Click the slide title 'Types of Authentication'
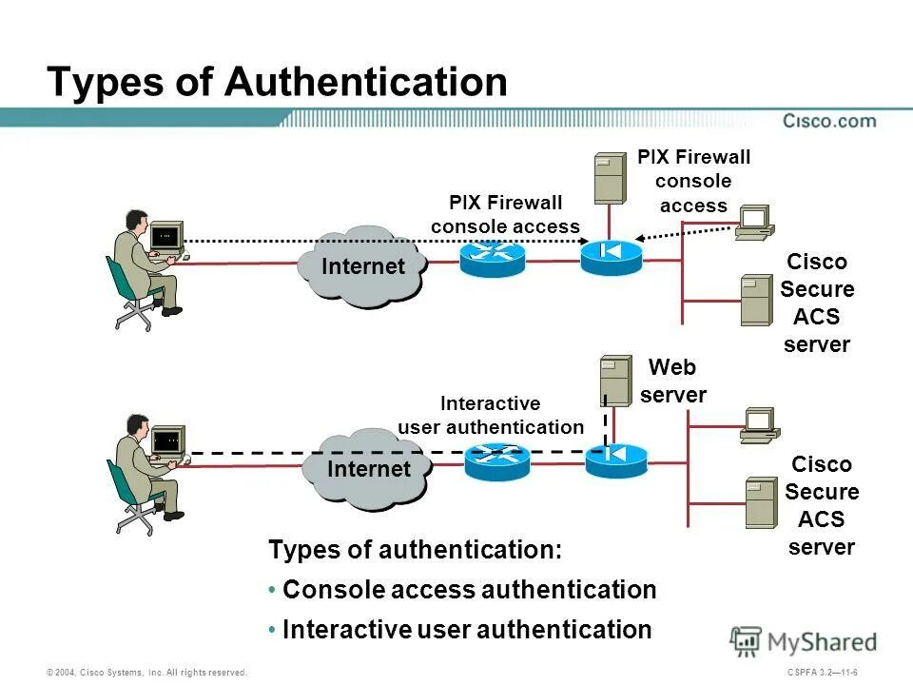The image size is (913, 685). tap(277, 82)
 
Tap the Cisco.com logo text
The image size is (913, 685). tap(829, 121)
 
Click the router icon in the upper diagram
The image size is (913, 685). tap(492, 258)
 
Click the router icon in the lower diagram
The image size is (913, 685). tap(496, 461)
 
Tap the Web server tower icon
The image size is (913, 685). tap(615, 381)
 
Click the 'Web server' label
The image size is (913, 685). tap(672, 381)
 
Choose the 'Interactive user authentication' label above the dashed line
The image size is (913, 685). tap(490, 416)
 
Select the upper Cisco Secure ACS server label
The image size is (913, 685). tap(816, 303)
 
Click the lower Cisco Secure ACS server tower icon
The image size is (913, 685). tap(761, 502)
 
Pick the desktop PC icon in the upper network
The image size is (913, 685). tap(754, 222)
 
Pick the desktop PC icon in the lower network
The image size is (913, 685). tap(760, 425)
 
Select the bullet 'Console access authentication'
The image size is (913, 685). tap(469, 590)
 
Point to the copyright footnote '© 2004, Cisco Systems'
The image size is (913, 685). tap(146, 673)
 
